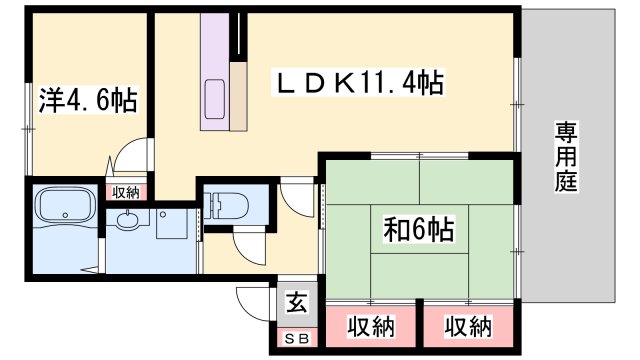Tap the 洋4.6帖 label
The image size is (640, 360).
point(88,99)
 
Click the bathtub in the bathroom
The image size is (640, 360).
point(64,210)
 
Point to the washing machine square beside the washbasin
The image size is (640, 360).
point(166,225)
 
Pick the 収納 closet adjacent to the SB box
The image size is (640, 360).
point(369,327)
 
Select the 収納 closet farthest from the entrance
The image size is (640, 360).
point(467,327)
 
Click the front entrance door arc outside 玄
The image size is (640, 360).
point(252,300)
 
